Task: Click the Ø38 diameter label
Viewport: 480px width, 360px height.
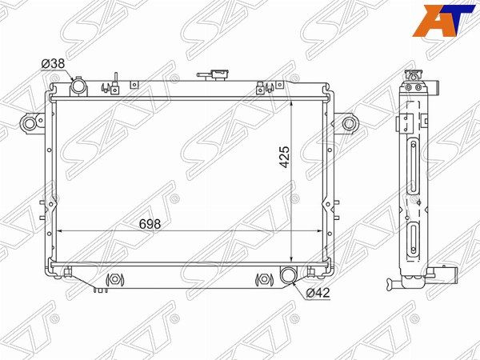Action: (x=53, y=64)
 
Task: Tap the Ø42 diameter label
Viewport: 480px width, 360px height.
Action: (x=318, y=293)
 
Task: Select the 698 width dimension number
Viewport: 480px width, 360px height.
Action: (x=150, y=224)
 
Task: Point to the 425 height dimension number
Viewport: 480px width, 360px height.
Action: (x=284, y=157)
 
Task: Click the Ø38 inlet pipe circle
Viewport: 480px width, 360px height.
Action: (x=78, y=86)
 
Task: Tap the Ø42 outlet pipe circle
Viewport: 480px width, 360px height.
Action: (x=288, y=274)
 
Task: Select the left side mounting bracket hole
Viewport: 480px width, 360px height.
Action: (x=30, y=124)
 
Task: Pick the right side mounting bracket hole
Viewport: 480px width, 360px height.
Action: (x=348, y=124)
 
